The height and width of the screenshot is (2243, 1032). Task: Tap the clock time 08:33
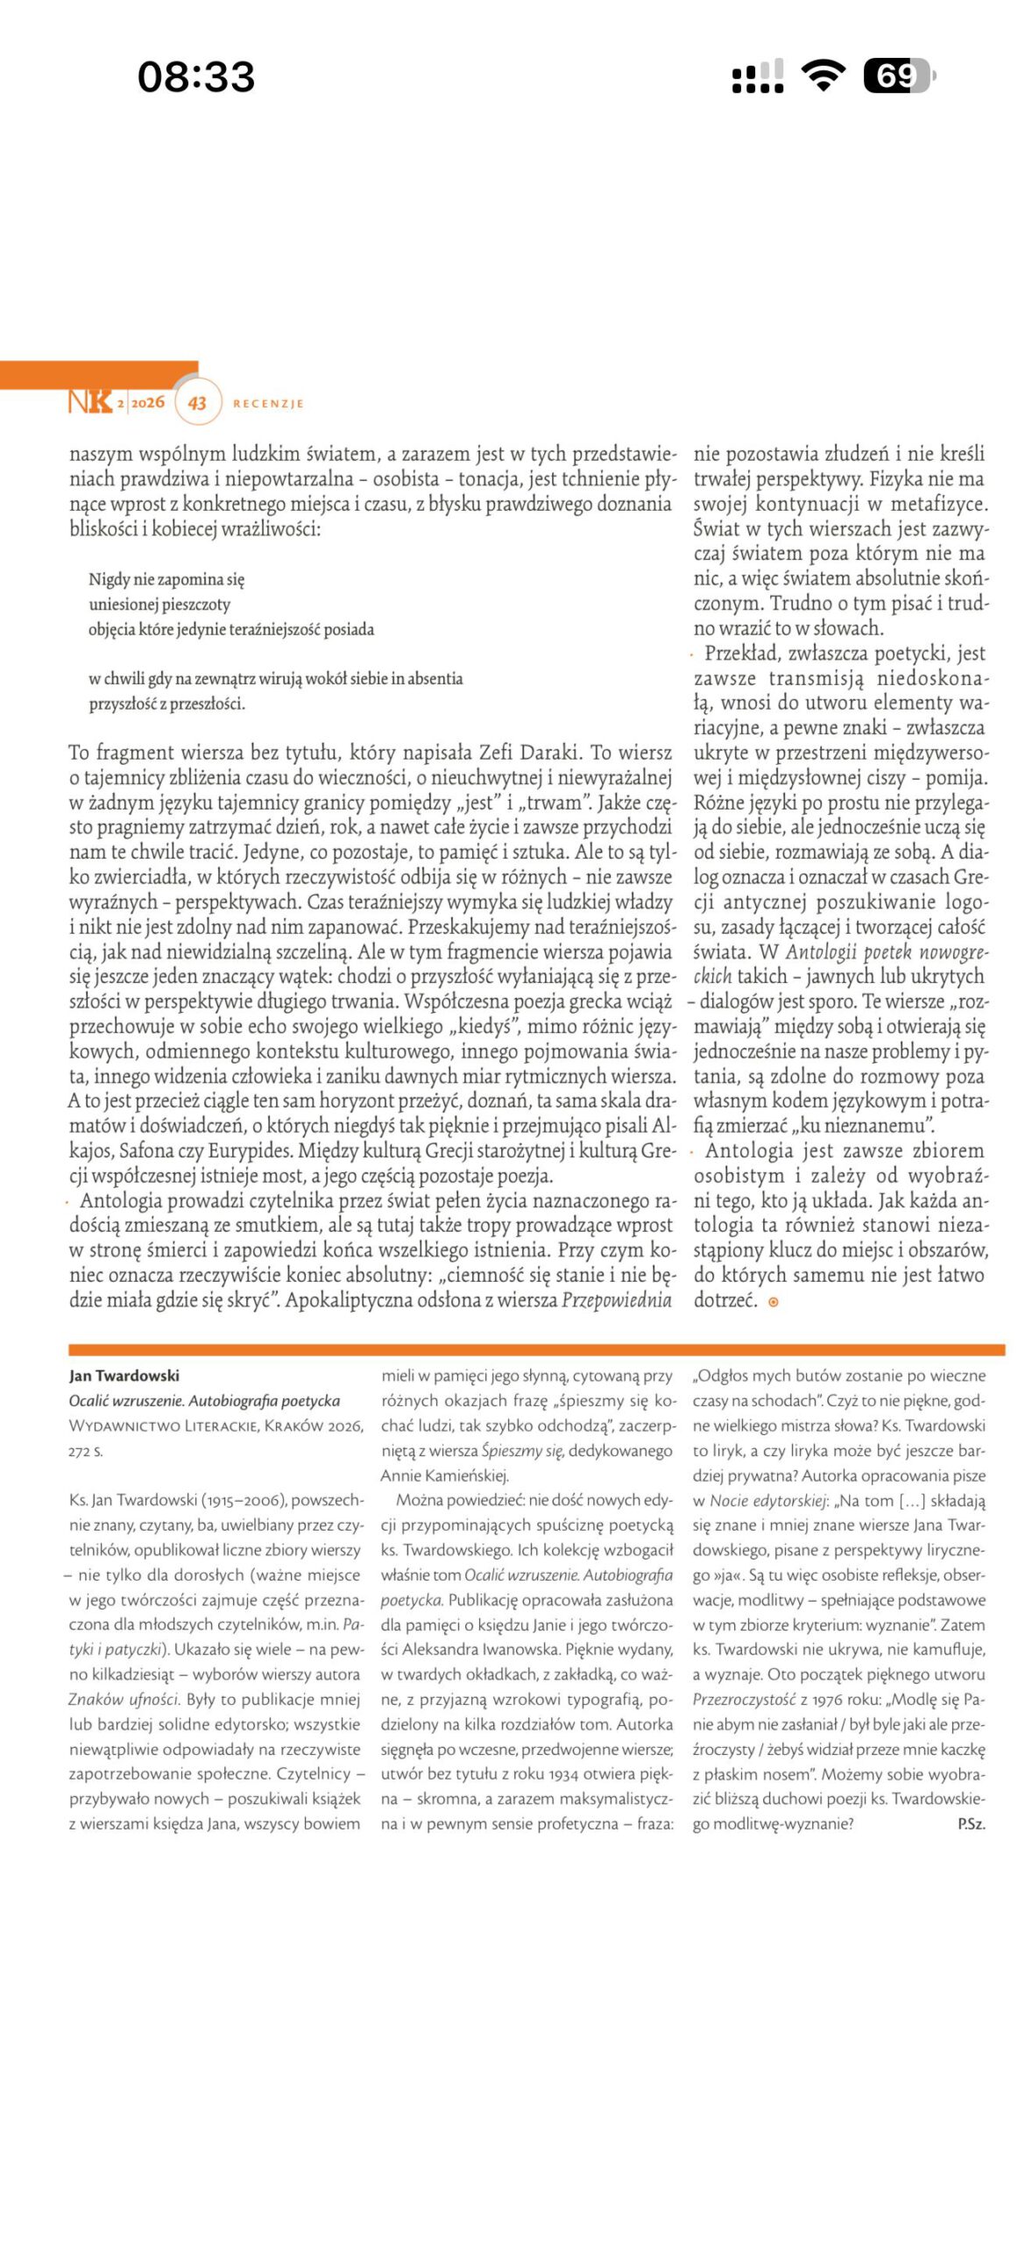coord(196,76)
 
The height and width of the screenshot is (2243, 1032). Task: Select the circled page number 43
coord(197,403)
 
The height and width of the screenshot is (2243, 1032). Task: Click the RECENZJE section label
coord(268,404)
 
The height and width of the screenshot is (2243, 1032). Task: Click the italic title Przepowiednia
coord(617,1300)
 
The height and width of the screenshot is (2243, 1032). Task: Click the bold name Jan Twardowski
coord(124,1376)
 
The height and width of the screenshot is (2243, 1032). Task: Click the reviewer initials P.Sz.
coord(971,1823)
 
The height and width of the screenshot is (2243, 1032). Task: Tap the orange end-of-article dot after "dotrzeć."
coord(773,1302)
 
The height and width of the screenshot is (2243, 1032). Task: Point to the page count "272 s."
coord(86,1451)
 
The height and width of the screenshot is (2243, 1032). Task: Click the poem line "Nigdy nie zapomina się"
coord(166,579)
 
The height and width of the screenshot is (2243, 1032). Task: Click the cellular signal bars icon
coord(758,76)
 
